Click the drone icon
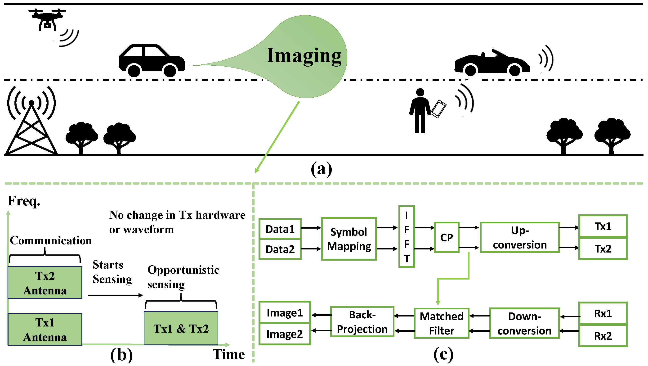47,20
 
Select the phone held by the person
438,109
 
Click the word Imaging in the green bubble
304,56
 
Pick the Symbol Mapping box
349,239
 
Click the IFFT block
407,237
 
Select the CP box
447,237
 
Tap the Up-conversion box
520,237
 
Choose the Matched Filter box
442,323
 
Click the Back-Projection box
362,322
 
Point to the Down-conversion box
525,323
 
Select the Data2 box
280,249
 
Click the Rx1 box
603,314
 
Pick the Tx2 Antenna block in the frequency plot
45,283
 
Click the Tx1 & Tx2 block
181,329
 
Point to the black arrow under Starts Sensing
116,295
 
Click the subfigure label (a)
322,169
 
